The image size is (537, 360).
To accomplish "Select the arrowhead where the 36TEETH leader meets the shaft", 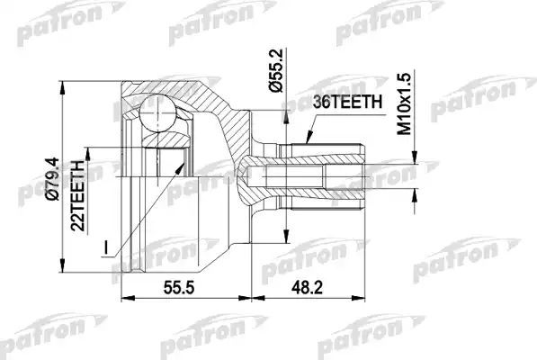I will pos(304,144).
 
